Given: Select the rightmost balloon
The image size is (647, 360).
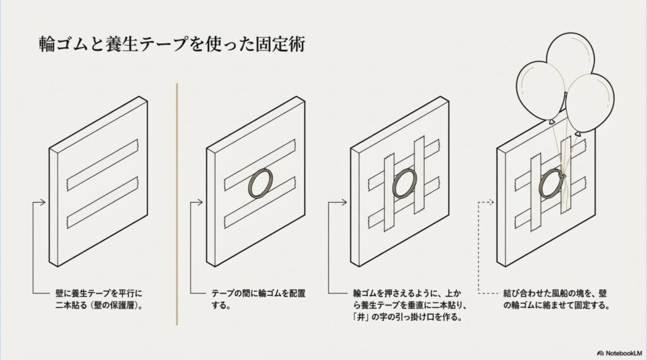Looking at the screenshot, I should [590, 101].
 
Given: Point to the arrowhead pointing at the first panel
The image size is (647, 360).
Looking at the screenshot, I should [42, 202].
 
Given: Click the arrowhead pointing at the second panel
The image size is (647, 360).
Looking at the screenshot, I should [200, 202].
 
